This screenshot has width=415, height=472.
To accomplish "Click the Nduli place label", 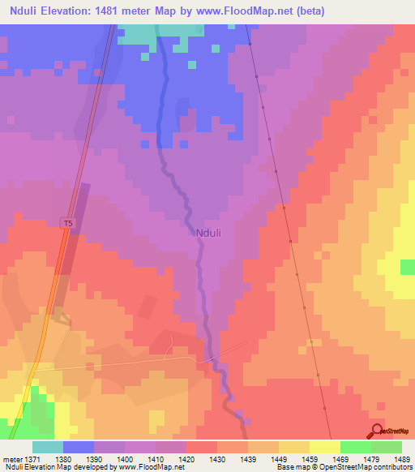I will pos(208,232).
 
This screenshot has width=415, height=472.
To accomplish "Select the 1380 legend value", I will pos(64,458).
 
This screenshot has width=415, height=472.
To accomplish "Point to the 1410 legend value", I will pos(156,458).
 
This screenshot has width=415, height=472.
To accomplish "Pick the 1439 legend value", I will pos(249,458).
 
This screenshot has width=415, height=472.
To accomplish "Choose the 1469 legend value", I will pos(340,458).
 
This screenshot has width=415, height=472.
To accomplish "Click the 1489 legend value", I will pos(401,458).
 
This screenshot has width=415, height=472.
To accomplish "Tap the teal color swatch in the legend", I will pos(48,447).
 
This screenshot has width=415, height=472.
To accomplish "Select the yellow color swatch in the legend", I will pos(324,447).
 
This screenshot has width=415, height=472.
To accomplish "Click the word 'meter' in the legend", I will pos(11,458).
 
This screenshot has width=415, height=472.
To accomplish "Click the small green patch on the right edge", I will pos(408,267).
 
